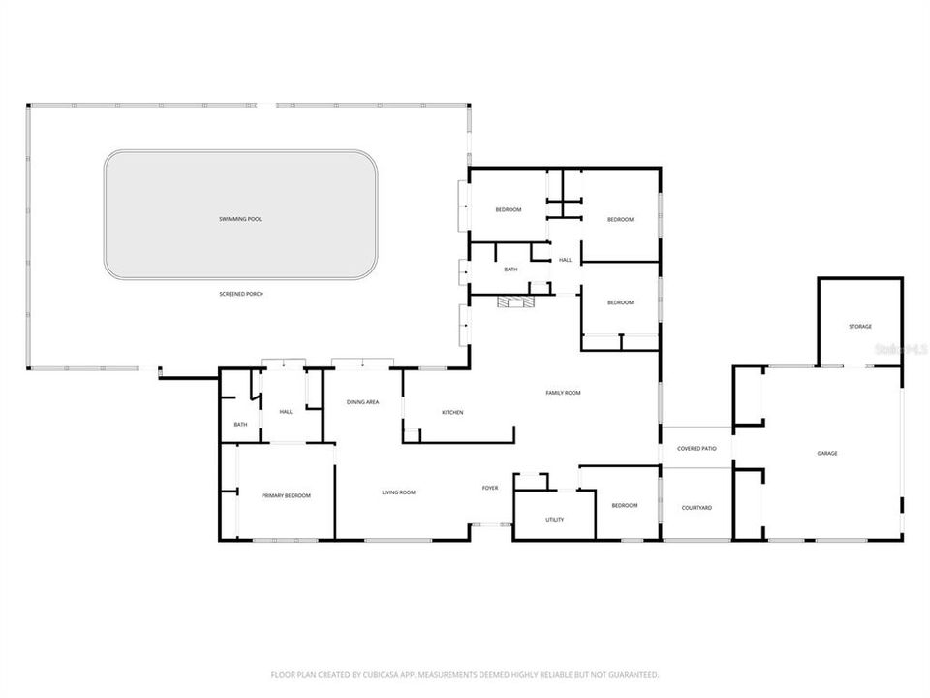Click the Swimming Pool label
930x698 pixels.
coord(240,219)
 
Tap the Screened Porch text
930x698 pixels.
coord(241,294)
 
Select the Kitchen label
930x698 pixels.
coord(452,413)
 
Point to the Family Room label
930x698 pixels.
coord(563,393)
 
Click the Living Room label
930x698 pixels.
coord(398,492)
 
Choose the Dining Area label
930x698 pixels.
coord(363,401)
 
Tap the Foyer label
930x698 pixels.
coord(490,488)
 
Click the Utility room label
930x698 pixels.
coord(554,520)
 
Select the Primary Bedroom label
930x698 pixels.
coord(287,495)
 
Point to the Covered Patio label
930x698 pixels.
coord(697,449)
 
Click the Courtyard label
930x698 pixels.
coord(697,508)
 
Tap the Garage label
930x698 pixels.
coord(827,453)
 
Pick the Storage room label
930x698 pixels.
coord(860,326)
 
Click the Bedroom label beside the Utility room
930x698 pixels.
coord(625,505)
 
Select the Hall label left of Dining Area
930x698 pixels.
coord(286,412)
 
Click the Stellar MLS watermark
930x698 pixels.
coord(900,346)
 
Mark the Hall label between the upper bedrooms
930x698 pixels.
coord(565,260)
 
